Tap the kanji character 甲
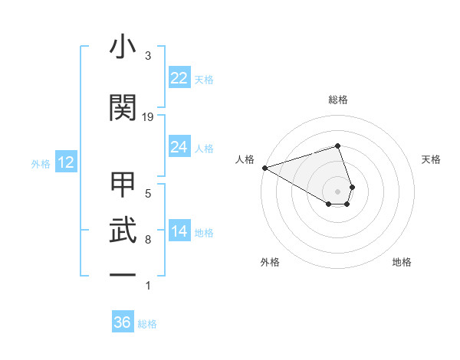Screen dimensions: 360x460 [123, 186]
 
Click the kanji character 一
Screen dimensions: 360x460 [123, 273]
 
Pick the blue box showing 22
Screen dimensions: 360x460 [179, 78]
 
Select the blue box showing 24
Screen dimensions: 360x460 [179, 147]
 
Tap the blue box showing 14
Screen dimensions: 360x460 [179, 232]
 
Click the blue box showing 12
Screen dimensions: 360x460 [65, 162]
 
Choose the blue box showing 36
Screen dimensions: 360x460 [123, 322]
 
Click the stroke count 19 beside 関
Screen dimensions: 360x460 [148, 117]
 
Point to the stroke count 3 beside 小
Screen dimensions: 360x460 [148, 56]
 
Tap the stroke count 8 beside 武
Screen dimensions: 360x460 [148, 240]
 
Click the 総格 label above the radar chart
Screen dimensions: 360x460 [338, 100]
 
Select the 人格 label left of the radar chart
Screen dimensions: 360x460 [245, 159]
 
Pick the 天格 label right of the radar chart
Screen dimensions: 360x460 [432, 159]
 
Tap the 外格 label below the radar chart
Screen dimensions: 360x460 [270, 262]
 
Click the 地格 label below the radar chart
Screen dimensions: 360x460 [402, 262]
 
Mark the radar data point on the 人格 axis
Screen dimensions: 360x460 [264, 167]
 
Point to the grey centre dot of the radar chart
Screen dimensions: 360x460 [338, 191]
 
